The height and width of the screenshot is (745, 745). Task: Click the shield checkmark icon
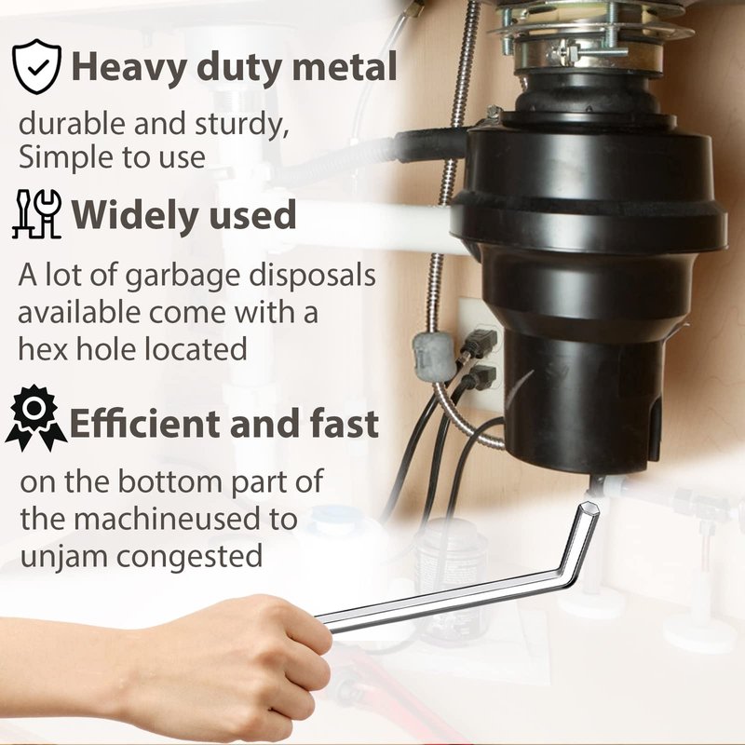pos(36,66)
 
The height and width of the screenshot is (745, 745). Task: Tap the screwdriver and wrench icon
pos(36,214)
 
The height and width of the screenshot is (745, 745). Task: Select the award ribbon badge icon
pos(35,418)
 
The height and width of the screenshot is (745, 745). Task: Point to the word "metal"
pos(345,66)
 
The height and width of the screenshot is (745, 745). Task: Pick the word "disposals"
pos(313,276)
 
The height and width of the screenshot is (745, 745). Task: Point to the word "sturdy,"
pos(242,125)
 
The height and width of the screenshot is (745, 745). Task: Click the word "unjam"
pos(63,557)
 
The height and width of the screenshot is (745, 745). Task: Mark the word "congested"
pos(189,557)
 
